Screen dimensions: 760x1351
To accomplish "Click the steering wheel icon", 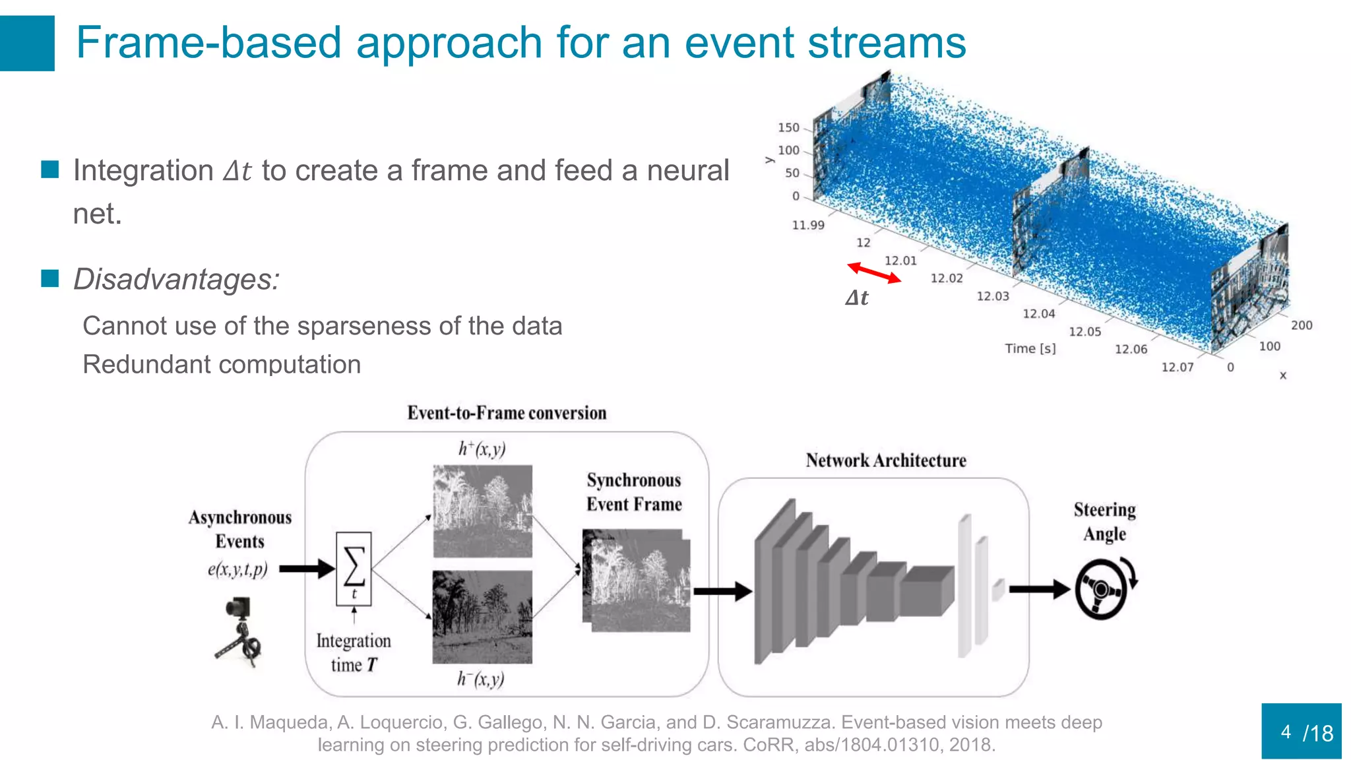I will pyautogui.click(x=1100, y=589).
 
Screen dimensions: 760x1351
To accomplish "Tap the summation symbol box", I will pyautogui.click(x=354, y=568).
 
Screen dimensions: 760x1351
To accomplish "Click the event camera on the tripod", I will pyautogui.click(x=239, y=631).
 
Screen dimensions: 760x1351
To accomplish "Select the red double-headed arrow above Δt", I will pyautogui.click(x=873, y=272).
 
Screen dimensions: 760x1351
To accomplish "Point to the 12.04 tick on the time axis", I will pyautogui.click(x=1038, y=314).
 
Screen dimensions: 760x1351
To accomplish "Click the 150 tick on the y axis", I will pyautogui.click(x=788, y=128).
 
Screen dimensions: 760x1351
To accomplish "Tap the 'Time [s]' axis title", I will pyautogui.click(x=1030, y=348).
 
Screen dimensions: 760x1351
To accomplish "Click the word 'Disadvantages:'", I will pyautogui.click(x=176, y=279).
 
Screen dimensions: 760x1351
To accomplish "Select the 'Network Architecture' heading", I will pyautogui.click(x=885, y=460).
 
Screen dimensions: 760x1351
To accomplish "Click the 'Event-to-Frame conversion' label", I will pyautogui.click(x=507, y=413).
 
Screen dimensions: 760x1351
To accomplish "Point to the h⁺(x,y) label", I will pyautogui.click(x=482, y=449).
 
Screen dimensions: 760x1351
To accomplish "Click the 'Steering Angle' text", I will pyautogui.click(x=1104, y=521).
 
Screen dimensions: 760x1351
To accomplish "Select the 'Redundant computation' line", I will pyautogui.click(x=222, y=364).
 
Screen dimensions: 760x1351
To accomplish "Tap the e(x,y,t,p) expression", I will pyautogui.click(x=237, y=569).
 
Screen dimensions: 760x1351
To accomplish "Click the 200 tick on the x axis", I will pyautogui.click(x=1301, y=325).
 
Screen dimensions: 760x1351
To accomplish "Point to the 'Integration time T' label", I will pyautogui.click(x=354, y=652).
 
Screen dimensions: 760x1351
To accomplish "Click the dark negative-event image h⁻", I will pyautogui.click(x=482, y=617).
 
